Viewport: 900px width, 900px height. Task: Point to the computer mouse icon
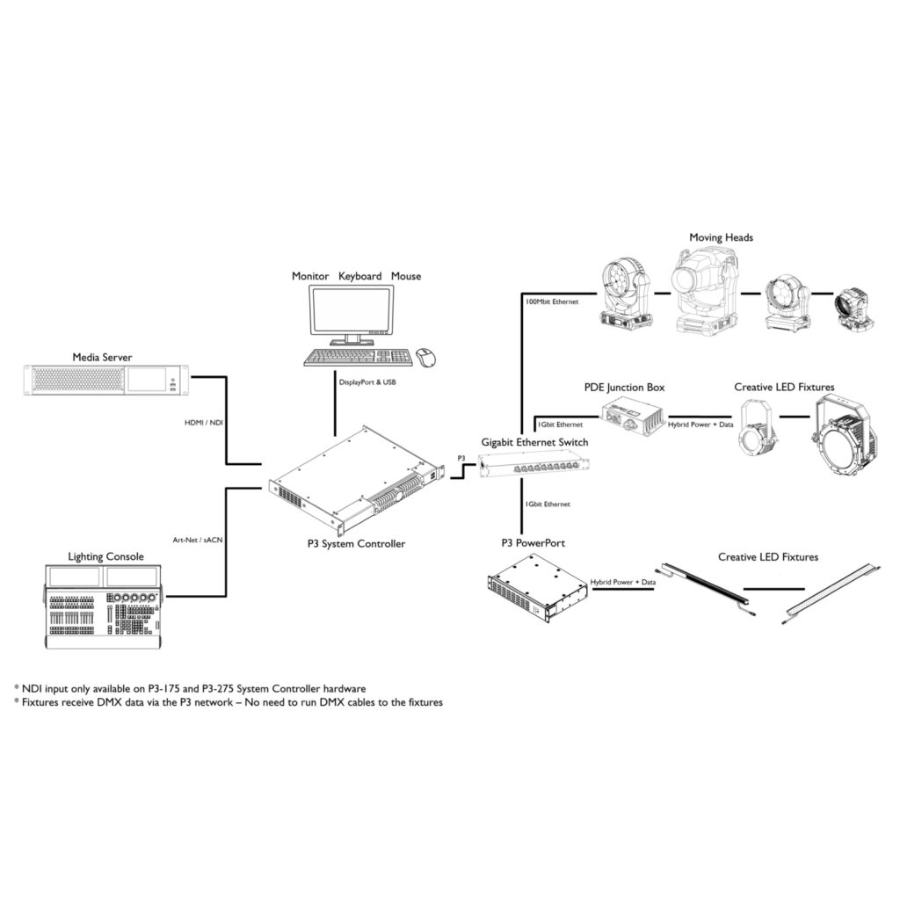click(427, 357)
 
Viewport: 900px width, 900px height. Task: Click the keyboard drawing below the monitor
click(359, 357)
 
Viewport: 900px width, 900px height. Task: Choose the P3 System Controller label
click(350, 544)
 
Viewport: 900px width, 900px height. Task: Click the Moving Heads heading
click(721, 237)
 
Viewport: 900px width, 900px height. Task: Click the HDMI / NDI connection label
click(204, 423)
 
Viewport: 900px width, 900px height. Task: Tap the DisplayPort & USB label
click(367, 382)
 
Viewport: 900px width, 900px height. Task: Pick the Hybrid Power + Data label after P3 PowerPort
click(624, 582)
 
